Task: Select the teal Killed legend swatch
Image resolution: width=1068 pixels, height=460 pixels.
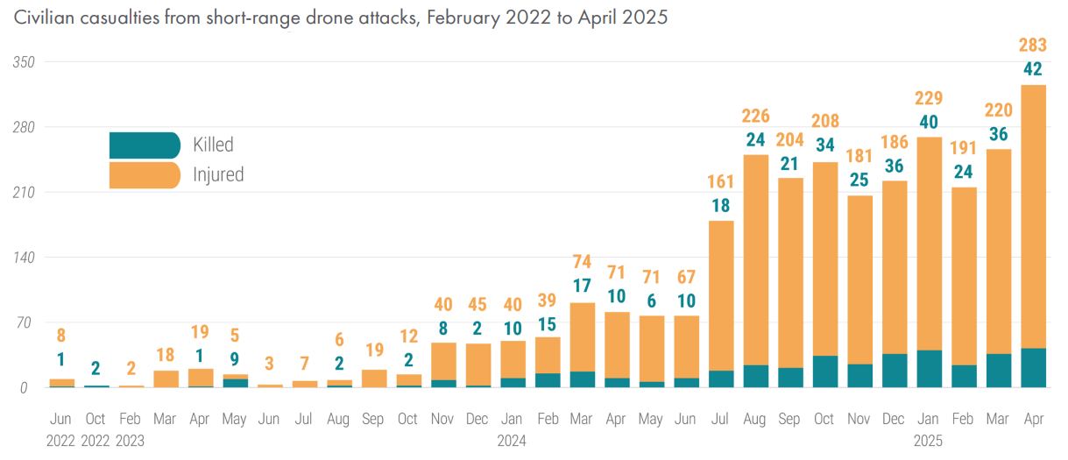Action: coord(145,145)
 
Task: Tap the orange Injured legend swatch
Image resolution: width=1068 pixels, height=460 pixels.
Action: coord(145,174)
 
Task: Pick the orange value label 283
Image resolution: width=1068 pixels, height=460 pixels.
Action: coord(1034,46)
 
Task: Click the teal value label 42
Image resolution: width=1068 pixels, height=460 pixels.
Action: coord(1034,70)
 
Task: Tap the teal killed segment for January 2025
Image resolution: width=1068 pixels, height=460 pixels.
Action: coord(928,368)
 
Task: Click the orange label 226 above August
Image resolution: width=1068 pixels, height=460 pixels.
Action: coord(755,115)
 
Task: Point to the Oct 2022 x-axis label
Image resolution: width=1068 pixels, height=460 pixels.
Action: coord(95,429)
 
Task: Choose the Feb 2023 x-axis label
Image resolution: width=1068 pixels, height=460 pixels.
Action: coord(131,429)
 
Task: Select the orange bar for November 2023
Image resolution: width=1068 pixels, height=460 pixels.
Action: coord(443,361)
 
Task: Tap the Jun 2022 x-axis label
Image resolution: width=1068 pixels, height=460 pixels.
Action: coord(60,429)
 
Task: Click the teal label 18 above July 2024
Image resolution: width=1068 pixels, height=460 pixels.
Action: coord(721,206)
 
